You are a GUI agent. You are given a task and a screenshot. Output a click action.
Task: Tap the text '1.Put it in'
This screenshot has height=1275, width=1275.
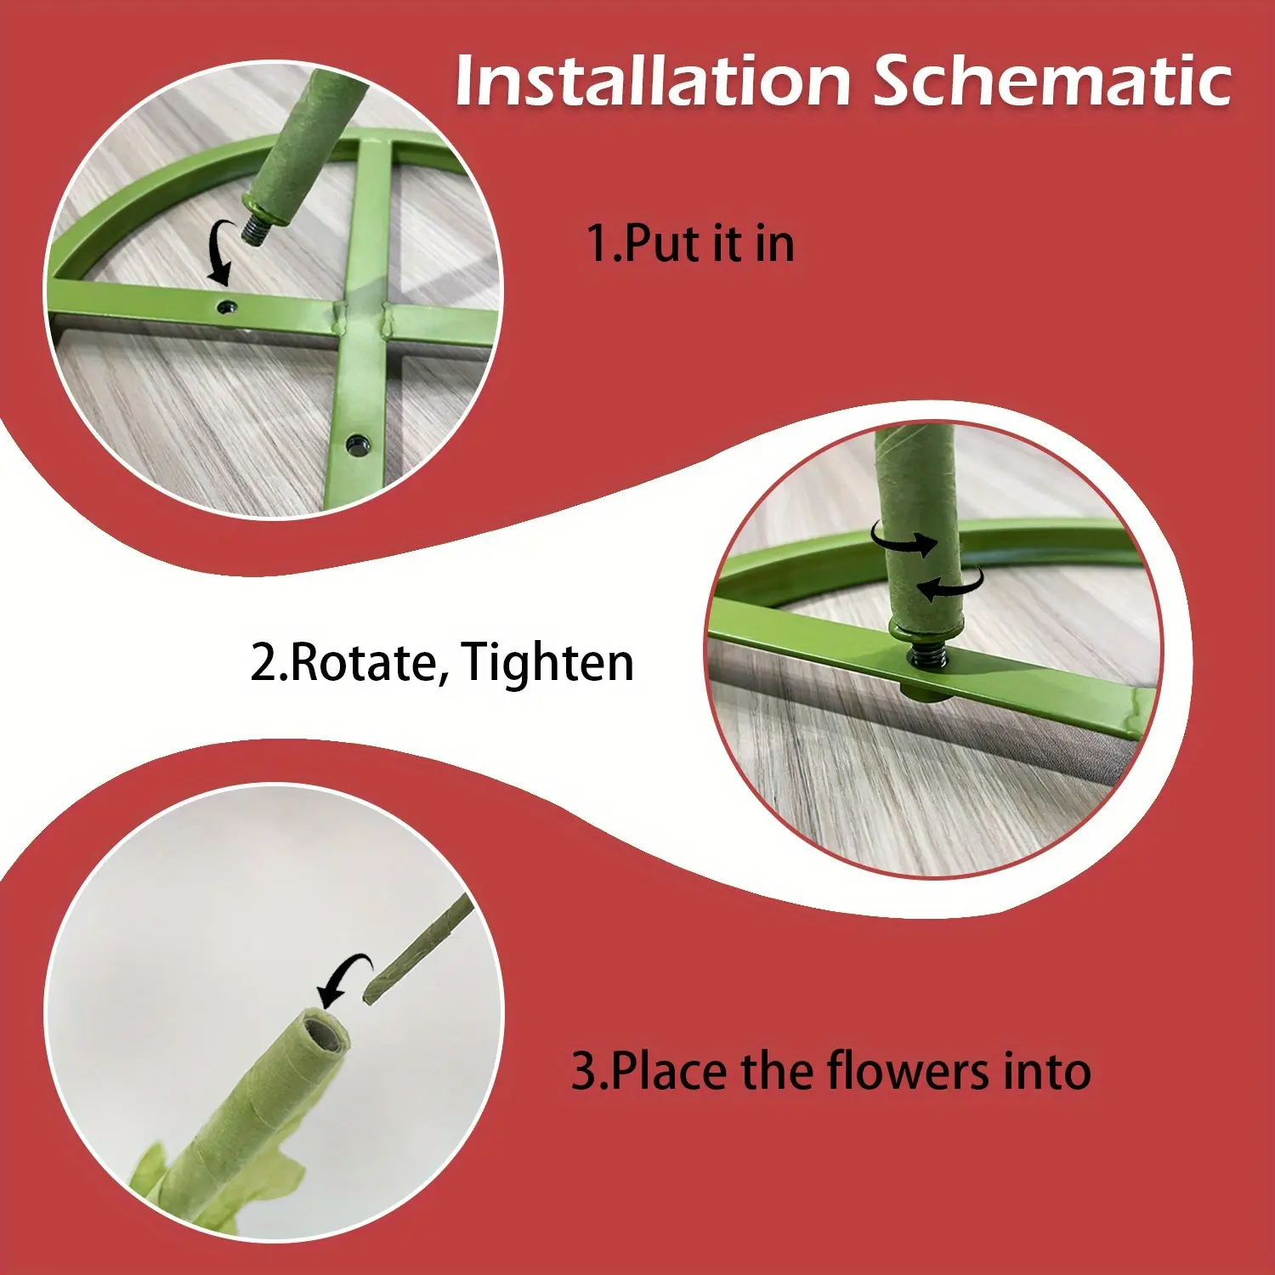[691, 243]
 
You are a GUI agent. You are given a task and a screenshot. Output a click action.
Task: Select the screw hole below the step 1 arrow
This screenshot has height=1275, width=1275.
[226, 306]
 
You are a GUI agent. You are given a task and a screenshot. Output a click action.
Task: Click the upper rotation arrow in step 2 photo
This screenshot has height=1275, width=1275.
[904, 539]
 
